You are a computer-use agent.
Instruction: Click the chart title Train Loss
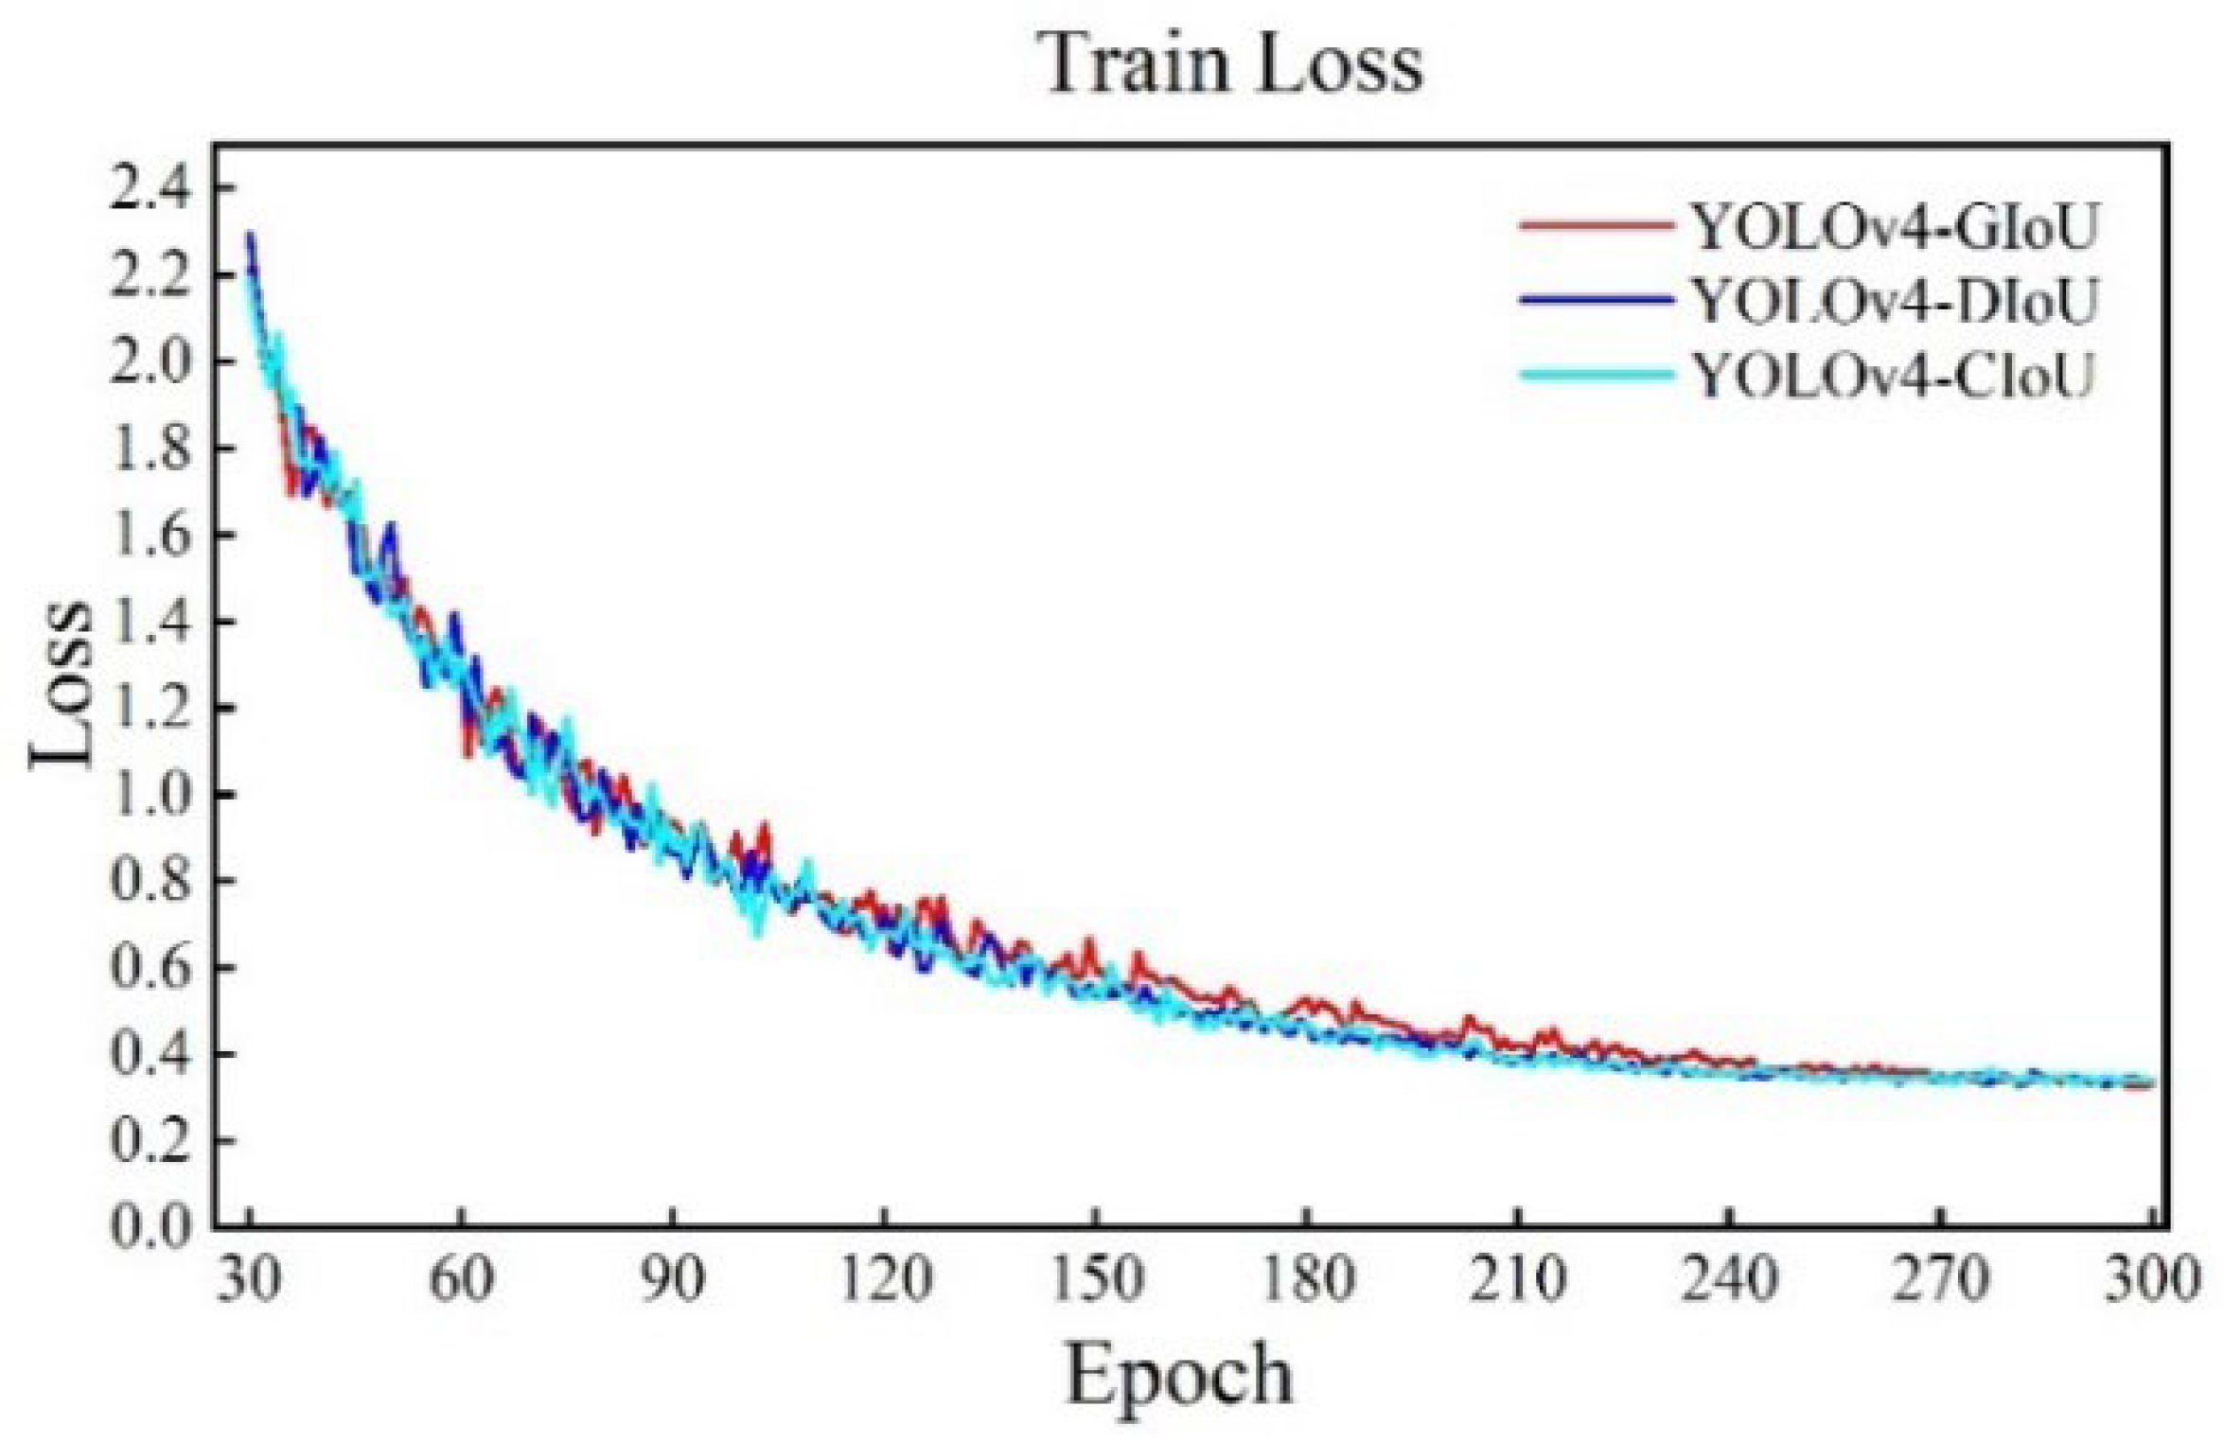tap(1233, 63)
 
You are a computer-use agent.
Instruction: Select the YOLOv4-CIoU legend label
tap(1893, 376)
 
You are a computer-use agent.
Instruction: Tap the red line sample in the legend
tap(1596, 226)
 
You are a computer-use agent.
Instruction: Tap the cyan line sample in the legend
tap(1596, 375)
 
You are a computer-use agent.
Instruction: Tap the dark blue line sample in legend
tap(1596, 300)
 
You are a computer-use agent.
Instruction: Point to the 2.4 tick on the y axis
tap(151, 188)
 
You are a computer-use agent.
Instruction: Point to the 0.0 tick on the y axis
tap(151, 1226)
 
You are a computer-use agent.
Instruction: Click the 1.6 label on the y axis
tap(151, 536)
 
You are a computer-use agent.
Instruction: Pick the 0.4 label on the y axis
tap(151, 1054)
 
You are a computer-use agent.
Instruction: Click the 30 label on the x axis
tap(250, 1279)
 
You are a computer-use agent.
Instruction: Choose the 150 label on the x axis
tap(1096, 1279)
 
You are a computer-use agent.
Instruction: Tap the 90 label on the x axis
tap(673, 1279)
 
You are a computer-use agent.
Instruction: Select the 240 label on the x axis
tap(1730, 1279)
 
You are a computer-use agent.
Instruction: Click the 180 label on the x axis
tap(1307, 1279)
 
